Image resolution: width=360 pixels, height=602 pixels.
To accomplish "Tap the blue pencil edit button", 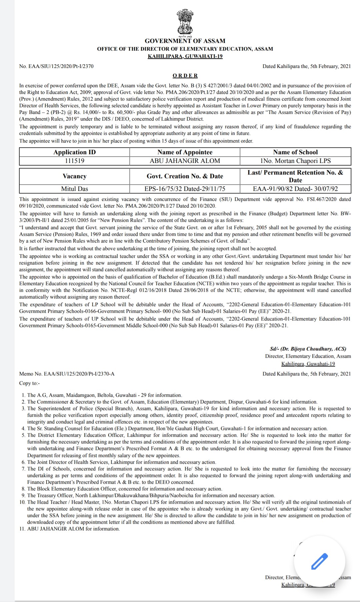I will (319, 561).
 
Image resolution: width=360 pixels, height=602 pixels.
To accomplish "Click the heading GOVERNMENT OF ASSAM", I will (185, 41).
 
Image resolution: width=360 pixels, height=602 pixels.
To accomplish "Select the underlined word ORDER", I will (185, 76).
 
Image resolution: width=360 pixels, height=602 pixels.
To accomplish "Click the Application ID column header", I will (74, 152).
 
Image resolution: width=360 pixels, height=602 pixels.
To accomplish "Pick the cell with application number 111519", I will (74, 161).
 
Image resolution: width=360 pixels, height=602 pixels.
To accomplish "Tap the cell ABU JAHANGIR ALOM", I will (185, 161).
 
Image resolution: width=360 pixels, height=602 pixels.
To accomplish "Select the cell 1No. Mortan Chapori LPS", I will (295, 161).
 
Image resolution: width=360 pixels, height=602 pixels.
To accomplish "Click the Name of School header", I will (295, 152).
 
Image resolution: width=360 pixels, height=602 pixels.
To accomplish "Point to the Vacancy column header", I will (74, 176).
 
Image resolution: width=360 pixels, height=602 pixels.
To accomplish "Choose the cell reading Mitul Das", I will (74, 189).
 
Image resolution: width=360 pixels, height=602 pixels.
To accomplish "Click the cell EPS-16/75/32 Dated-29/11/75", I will (185, 189).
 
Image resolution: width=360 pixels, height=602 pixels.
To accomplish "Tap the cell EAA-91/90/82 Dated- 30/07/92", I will (295, 189).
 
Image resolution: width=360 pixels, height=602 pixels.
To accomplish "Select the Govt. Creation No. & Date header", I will (185, 176).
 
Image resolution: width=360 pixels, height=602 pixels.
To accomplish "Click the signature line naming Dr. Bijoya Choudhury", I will (308, 349).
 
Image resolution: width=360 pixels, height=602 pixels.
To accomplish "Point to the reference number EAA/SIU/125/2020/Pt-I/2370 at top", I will (56, 66).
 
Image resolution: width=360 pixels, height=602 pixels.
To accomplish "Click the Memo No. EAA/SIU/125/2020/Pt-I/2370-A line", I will (67, 374).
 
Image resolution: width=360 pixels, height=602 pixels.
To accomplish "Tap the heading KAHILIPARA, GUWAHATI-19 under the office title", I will (185, 56).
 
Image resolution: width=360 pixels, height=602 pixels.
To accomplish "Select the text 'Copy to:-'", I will (29, 383).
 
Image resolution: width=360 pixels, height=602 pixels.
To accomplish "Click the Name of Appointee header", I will (185, 152).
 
